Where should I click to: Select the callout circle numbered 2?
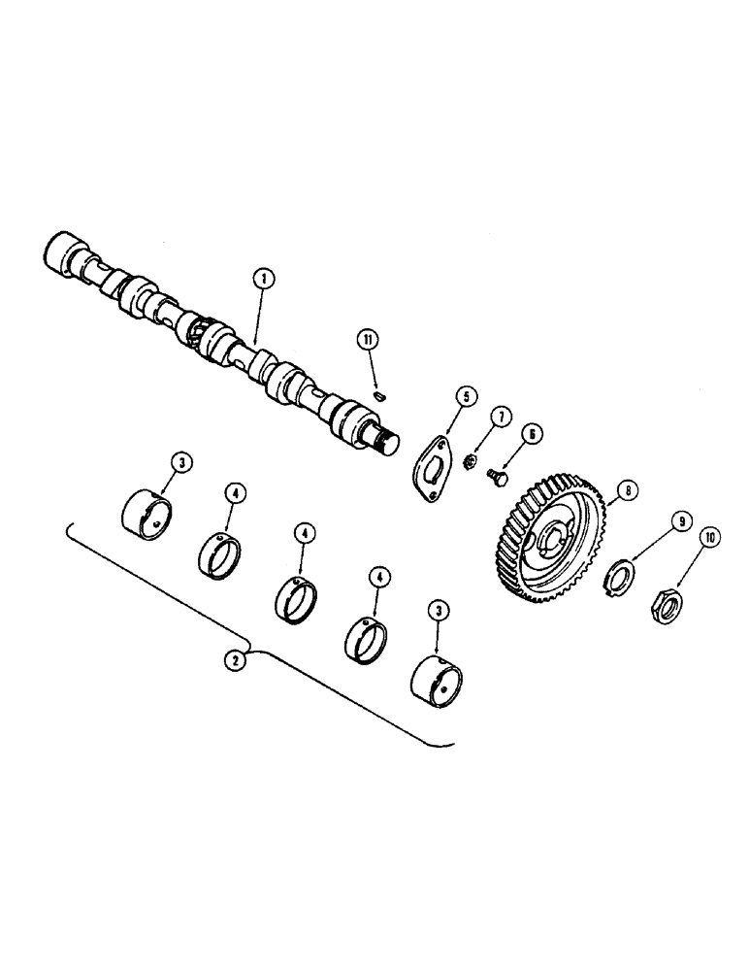tap(233, 660)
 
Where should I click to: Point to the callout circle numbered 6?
tap(536, 434)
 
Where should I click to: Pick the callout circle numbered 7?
tap(501, 418)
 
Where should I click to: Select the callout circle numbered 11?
tap(368, 340)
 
